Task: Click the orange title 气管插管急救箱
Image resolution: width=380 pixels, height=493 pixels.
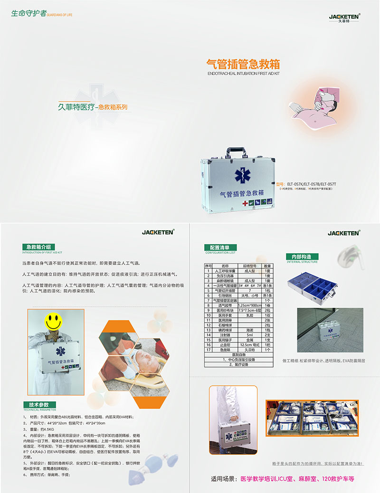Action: point(243,64)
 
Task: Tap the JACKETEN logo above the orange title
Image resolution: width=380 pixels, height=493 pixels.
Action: point(345,17)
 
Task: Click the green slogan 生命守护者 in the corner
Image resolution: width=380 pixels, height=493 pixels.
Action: point(29,13)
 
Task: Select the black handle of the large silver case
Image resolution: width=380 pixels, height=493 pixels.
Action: point(236,152)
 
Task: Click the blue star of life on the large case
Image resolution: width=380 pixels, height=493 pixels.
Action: point(242,176)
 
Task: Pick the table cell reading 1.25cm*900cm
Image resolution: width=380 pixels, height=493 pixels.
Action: point(250,305)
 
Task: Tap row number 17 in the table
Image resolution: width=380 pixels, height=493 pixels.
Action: point(208,350)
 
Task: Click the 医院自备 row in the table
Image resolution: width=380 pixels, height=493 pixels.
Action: point(238,355)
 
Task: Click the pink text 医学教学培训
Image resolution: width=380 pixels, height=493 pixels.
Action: point(261,479)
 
